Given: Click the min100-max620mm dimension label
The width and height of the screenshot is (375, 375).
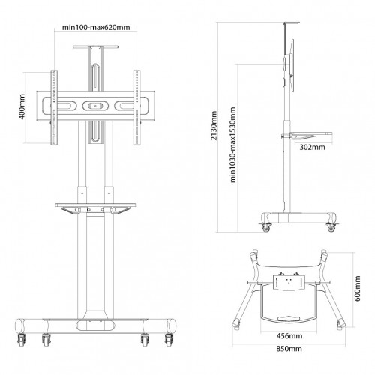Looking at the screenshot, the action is [96, 27].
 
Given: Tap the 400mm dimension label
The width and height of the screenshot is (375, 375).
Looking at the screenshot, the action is [22, 106].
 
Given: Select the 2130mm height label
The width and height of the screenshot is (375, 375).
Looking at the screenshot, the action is [214, 126].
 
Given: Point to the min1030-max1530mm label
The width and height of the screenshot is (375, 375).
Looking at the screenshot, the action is [232, 145].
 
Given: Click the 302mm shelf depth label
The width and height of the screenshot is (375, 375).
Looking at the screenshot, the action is [313, 147].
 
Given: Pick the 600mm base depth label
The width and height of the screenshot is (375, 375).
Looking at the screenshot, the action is [358, 289].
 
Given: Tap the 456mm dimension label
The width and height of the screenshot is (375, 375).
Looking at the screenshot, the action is [289, 336].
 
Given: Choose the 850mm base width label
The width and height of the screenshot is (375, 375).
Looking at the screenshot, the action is [289, 348].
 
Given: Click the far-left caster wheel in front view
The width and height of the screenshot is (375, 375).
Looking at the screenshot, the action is [21, 340].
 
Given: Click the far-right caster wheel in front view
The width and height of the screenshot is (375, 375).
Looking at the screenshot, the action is [169, 340].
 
